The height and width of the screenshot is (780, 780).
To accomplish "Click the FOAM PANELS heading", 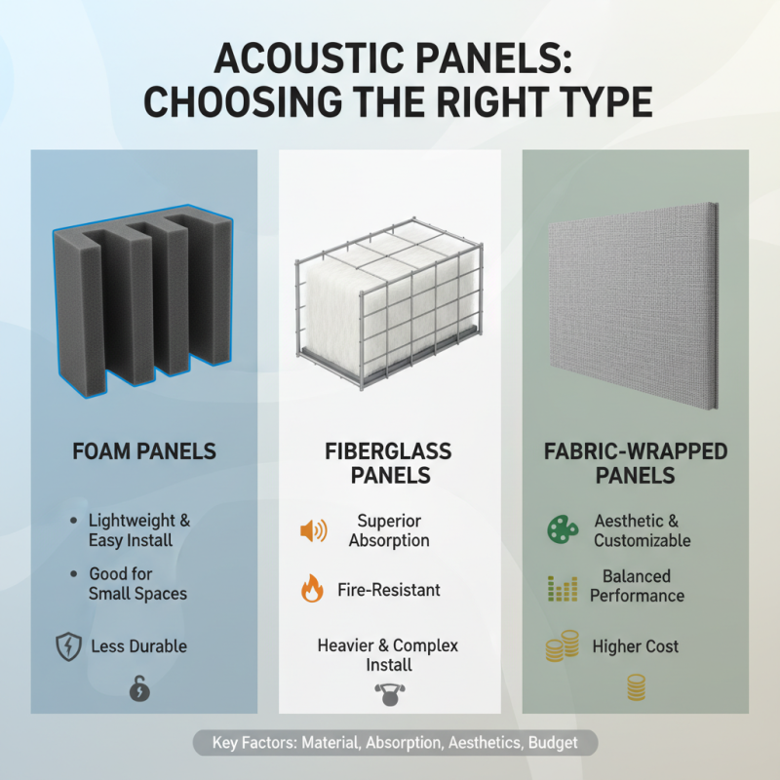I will click(x=144, y=452).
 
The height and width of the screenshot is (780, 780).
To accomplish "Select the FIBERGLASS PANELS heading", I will click(x=389, y=464).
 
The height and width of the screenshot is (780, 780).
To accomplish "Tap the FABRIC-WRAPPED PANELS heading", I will click(x=635, y=464).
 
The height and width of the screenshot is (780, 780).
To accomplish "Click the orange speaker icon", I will click(x=313, y=530).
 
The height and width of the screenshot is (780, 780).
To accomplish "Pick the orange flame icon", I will click(x=312, y=589).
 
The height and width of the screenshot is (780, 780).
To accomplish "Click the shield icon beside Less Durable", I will click(x=68, y=645).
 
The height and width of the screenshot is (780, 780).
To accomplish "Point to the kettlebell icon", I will click(x=389, y=693).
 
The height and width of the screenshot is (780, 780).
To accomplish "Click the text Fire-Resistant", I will click(x=389, y=590).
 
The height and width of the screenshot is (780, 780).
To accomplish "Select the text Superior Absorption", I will click(x=389, y=530).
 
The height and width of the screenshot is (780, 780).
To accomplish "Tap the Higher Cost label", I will click(x=635, y=646).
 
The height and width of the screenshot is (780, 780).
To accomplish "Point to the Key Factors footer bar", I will click(x=395, y=743).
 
